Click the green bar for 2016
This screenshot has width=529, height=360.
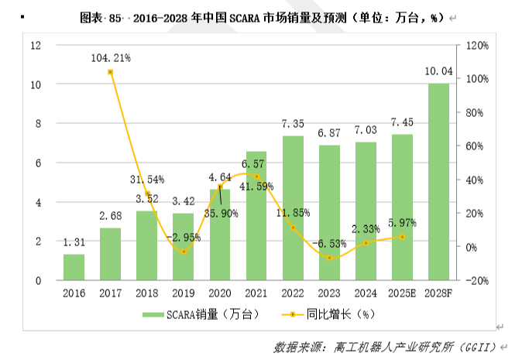tap(74, 267)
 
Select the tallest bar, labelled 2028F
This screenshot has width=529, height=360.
tap(438, 182)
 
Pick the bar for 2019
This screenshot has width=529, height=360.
tap(184, 247)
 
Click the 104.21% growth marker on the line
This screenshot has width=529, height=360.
tap(111, 72)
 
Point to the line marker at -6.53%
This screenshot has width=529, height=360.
tap(329, 258)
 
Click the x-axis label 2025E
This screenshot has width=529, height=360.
tap(401, 293)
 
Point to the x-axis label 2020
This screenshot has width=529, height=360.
tap(220, 293)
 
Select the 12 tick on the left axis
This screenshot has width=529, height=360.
tap(36, 45)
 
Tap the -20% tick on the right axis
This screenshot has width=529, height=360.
tap(476, 280)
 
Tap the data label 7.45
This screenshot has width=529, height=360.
tap(401, 122)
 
